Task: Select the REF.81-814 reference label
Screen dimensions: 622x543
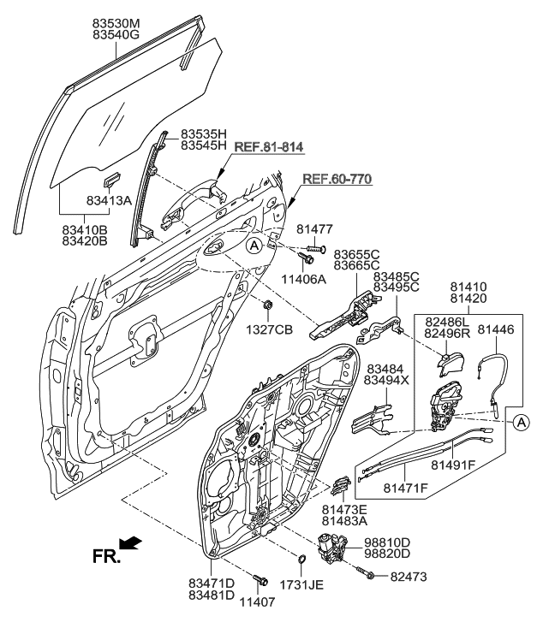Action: coord(267,148)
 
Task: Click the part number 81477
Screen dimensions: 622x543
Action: coord(315,229)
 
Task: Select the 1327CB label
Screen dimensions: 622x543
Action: coord(272,329)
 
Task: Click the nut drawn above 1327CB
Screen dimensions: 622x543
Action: coord(267,305)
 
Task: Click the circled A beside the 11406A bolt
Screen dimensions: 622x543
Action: coord(254,246)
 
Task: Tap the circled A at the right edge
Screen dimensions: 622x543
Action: coord(522,420)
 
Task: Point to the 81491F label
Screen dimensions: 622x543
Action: coord(454,466)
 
